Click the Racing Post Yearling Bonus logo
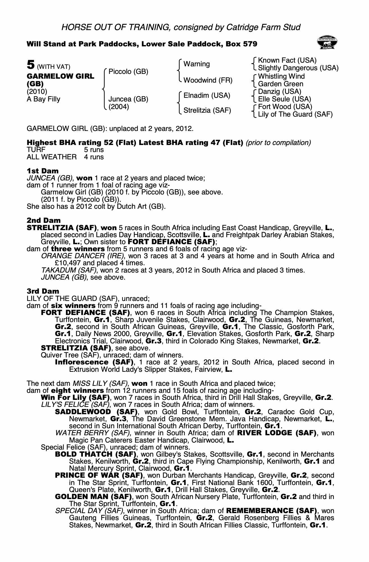point(327,43)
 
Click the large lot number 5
point(30,65)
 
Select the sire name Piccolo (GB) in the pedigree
point(128,72)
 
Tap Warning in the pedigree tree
point(197,64)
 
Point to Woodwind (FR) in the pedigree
point(208,80)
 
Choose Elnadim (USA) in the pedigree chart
point(207,96)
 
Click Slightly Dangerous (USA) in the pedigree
point(298,68)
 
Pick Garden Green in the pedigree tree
point(281,84)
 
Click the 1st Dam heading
point(43,171)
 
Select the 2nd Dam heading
point(44,220)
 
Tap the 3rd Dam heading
point(43,291)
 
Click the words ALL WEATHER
point(51,157)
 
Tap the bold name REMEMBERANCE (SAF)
point(271,511)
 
